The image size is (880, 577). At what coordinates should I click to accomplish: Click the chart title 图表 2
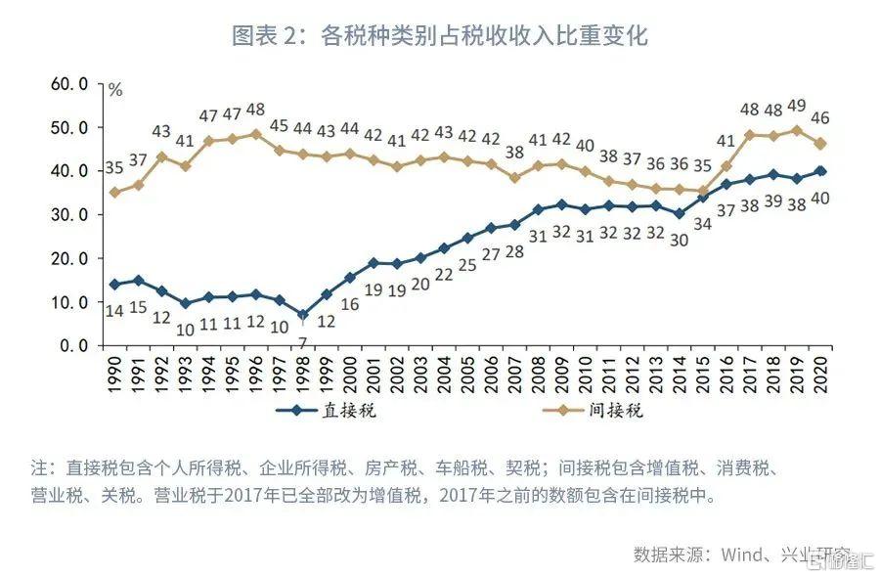tap(439, 36)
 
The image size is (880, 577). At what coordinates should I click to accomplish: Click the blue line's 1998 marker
tap(303, 316)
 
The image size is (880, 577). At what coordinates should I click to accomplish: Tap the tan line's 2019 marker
tap(796, 130)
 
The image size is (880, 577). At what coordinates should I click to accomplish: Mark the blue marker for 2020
tap(820, 171)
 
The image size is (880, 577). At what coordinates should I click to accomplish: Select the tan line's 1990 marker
tap(114, 193)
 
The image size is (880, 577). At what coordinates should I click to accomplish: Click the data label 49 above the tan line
tap(795, 106)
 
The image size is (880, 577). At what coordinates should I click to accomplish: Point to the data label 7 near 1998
tap(303, 341)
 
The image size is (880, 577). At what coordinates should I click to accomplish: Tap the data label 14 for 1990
tap(114, 311)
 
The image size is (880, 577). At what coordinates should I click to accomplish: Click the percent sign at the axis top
tap(115, 90)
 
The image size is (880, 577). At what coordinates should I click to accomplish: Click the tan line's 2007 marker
tap(514, 178)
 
